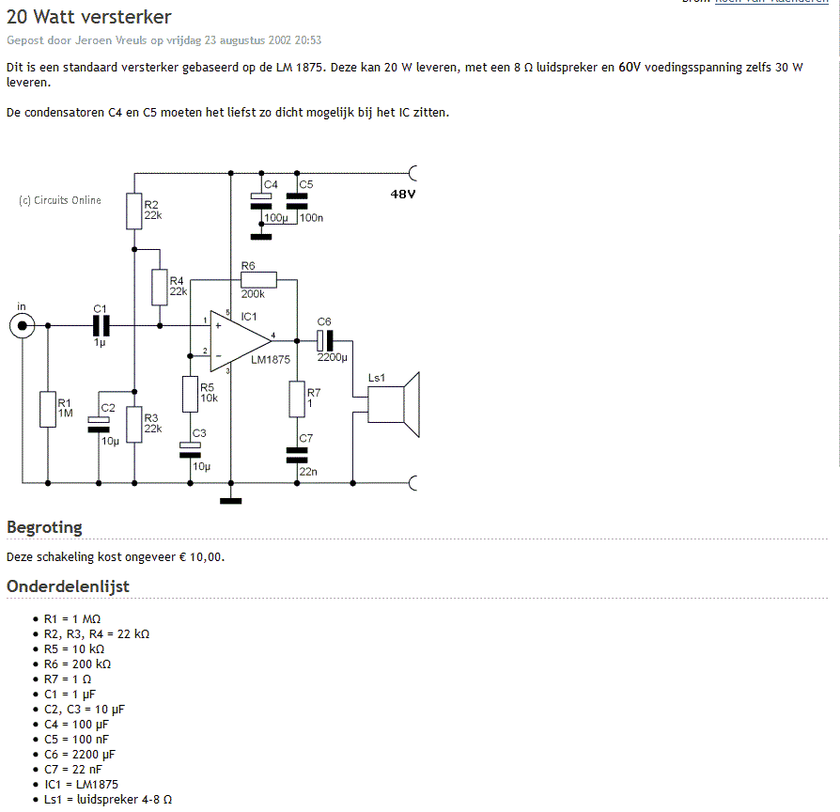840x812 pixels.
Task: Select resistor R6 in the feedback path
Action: (258, 280)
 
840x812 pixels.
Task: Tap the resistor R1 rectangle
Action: (48, 410)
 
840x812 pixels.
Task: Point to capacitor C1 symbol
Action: (101, 325)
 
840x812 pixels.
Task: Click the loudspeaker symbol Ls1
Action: (394, 405)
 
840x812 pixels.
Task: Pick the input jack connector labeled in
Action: (22, 325)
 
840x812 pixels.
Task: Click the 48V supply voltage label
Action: (403, 194)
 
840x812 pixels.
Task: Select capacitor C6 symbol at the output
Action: (325, 341)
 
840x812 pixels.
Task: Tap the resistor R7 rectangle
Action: (297, 399)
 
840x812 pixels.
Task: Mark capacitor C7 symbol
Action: (297, 455)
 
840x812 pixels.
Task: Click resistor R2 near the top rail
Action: (134, 211)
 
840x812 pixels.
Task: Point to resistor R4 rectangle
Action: (160, 288)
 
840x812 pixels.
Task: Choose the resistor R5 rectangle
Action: (190, 394)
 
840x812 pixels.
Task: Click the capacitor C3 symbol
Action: (190, 450)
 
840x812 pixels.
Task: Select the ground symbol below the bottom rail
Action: (231, 501)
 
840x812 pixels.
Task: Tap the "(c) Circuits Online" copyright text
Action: (60, 200)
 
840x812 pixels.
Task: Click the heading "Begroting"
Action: (44, 527)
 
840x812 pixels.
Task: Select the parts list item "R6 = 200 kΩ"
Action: (78, 664)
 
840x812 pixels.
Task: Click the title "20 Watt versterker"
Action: (89, 17)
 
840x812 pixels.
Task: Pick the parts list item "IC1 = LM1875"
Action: (81, 784)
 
